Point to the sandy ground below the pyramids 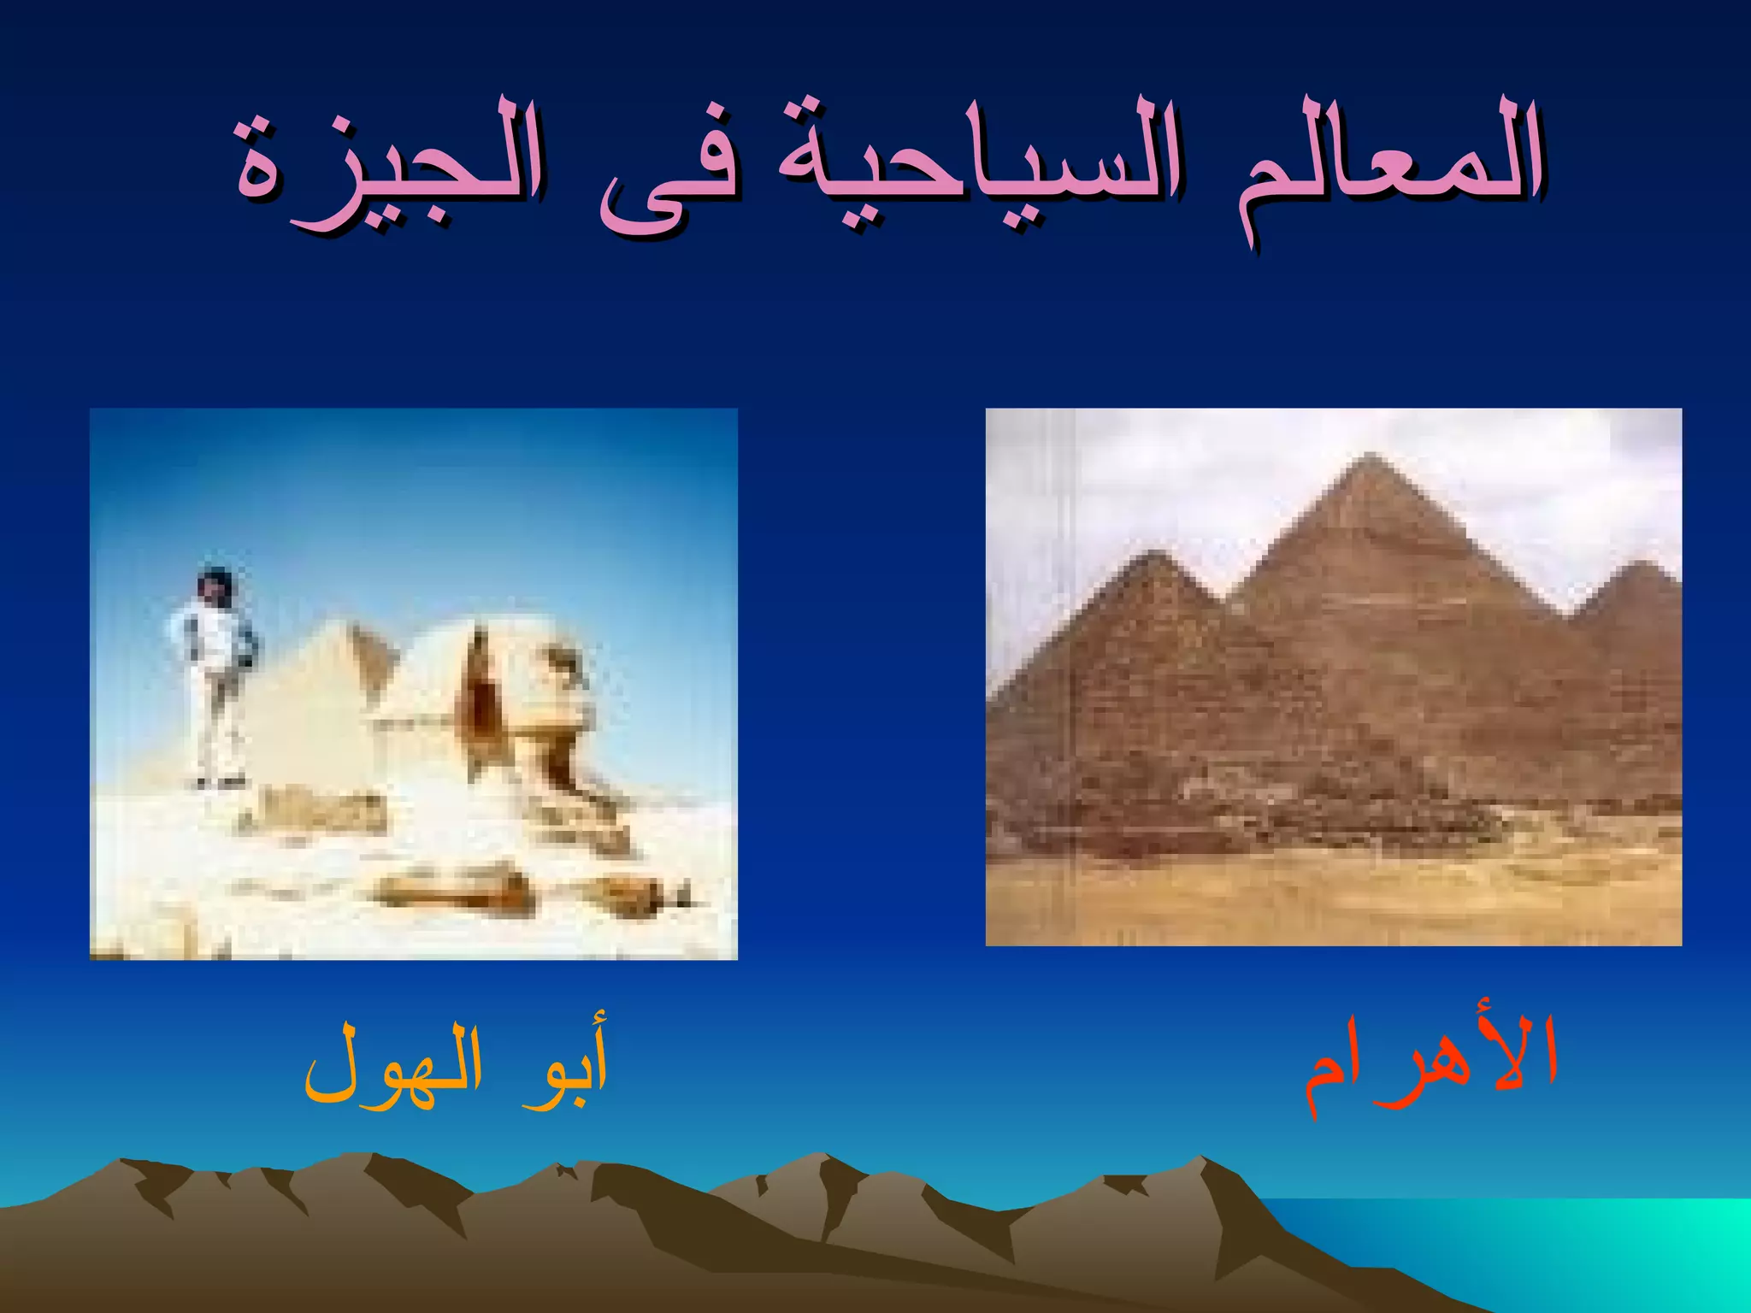click(x=1334, y=898)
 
